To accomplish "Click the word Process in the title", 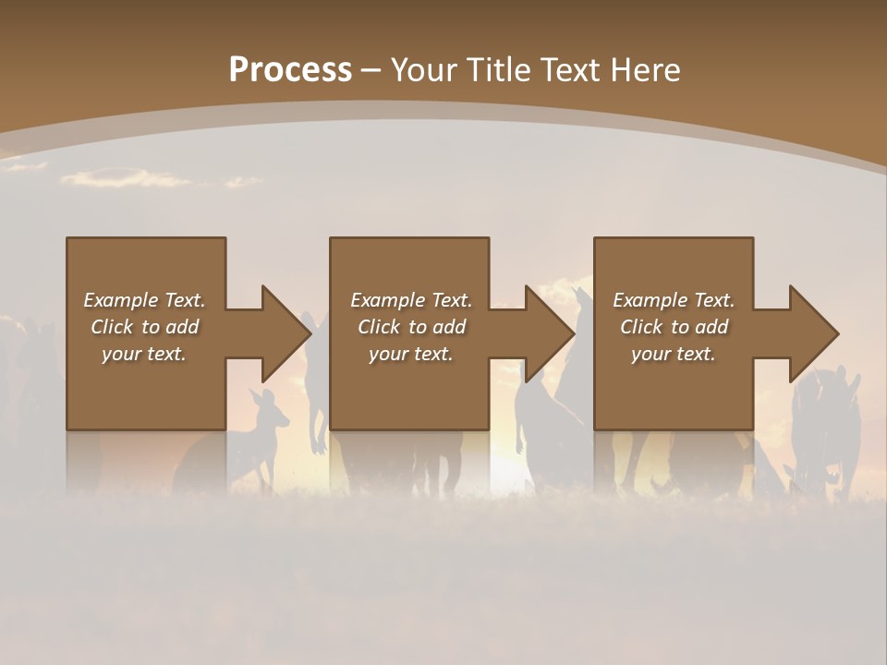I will pos(290,70).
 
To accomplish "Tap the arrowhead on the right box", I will pos(812,333).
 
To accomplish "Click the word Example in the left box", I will pos(121,300).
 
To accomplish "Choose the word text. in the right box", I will pos(695,354).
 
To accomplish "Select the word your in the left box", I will pos(121,354).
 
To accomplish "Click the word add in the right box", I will pos(712,327).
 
